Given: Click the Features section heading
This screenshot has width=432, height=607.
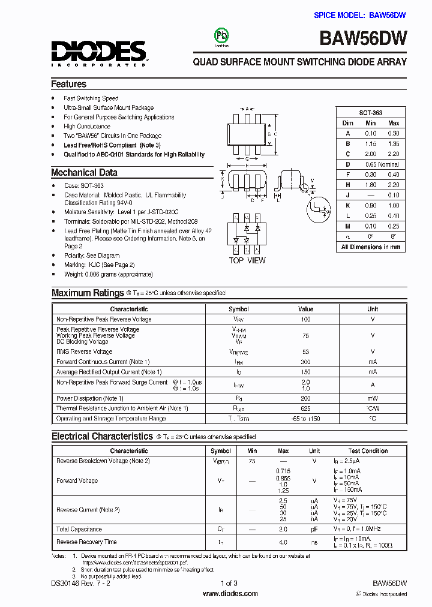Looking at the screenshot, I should point(68,84).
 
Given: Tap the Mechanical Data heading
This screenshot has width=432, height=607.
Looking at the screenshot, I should point(84,173).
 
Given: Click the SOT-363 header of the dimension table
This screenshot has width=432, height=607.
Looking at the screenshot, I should point(370,113).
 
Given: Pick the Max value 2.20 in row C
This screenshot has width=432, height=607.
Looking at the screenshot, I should point(393,154).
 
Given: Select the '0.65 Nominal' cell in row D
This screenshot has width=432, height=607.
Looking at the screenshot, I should point(382,164).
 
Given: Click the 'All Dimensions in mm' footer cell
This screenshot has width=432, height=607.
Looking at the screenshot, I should point(370,247).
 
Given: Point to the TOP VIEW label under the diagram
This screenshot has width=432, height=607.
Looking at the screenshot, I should point(247,260).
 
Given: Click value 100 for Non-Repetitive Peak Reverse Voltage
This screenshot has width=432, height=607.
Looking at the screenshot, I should point(305,319).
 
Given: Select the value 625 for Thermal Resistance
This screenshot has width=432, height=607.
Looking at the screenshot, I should point(305,408).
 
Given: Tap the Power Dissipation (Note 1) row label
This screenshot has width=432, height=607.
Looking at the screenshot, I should point(90,398).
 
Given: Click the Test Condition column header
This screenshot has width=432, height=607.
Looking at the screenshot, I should point(368,450).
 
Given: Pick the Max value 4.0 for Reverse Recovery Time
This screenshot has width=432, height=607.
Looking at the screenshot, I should point(283,542).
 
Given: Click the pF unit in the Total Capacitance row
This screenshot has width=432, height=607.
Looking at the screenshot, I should point(314,529).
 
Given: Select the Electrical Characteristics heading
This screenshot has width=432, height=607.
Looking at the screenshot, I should point(102,437).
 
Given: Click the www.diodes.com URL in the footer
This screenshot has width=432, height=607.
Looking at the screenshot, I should point(230,593).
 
